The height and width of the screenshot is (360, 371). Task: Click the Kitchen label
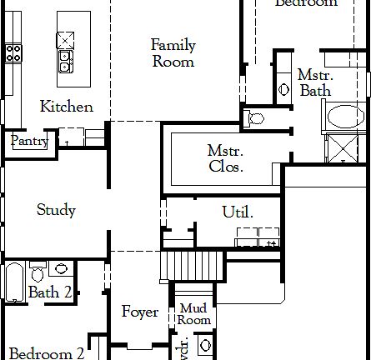tap(67, 107)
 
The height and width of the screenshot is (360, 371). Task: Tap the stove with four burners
tap(13, 53)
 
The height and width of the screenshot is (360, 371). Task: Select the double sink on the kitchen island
tap(65, 61)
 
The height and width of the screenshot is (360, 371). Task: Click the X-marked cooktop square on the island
tap(65, 38)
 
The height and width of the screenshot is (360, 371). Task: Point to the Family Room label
tap(173, 52)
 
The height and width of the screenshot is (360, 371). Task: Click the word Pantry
tap(28, 142)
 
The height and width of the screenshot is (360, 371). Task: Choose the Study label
tap(56, 210)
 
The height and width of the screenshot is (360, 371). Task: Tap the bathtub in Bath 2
tap(14, 282)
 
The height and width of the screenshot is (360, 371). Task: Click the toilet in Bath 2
tap(38, 272)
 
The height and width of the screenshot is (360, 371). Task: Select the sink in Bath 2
tap(60, 268)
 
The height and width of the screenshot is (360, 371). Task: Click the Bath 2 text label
tap(44, 292)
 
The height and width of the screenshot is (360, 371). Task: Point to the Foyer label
tap(140, 312)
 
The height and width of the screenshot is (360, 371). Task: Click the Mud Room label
tap(194, 314)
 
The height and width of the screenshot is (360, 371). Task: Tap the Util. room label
tap(238, 212)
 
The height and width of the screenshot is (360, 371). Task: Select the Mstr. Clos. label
tap(225, 157)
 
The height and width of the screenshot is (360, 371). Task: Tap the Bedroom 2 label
tap(46, 353)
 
